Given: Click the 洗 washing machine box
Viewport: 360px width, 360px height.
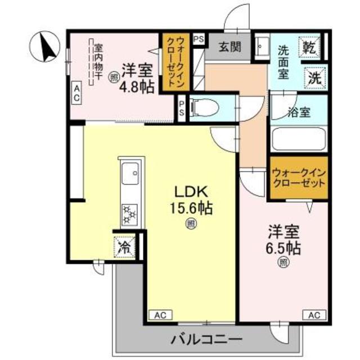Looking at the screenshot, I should (316, 78).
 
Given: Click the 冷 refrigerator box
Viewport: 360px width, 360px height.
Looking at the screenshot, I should (124, 246).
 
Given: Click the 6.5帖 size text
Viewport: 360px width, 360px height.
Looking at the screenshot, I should (282, 247).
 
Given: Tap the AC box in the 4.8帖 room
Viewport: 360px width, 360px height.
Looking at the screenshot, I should (76, 92).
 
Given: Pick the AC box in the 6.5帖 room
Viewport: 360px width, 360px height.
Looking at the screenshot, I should (314, 314).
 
